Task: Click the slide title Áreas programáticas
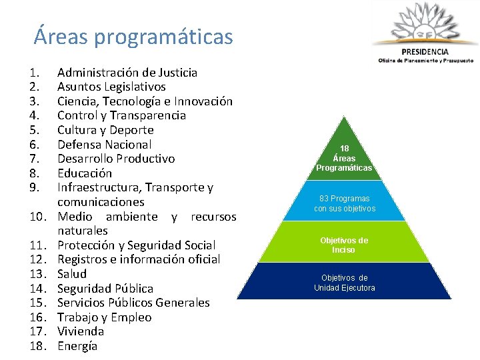click(x=133, y=36)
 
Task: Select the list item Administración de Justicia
click(x=127, y=72)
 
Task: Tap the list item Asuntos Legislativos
click(x=111, y=87)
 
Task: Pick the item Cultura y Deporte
click(x=105, y=130)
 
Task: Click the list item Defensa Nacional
click(x=105, y=144)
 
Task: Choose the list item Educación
click(x=85, y=173)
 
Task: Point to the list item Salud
click(x=72, y=274)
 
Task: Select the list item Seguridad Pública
click(x=105, y=289)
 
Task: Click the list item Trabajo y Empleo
click(x=104, y=317)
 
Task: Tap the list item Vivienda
click(x=81, y=331)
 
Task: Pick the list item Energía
click(x=77, y=346)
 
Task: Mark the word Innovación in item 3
click(x=203, y=101)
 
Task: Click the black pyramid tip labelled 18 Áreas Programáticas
click(x=344, y=157)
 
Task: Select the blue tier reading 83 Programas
click(x=344, y=203)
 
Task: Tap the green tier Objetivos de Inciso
click(x=344, y=245)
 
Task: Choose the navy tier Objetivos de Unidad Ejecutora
click(x=344, y=283)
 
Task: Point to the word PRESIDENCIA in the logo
click(x=425, y=51)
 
